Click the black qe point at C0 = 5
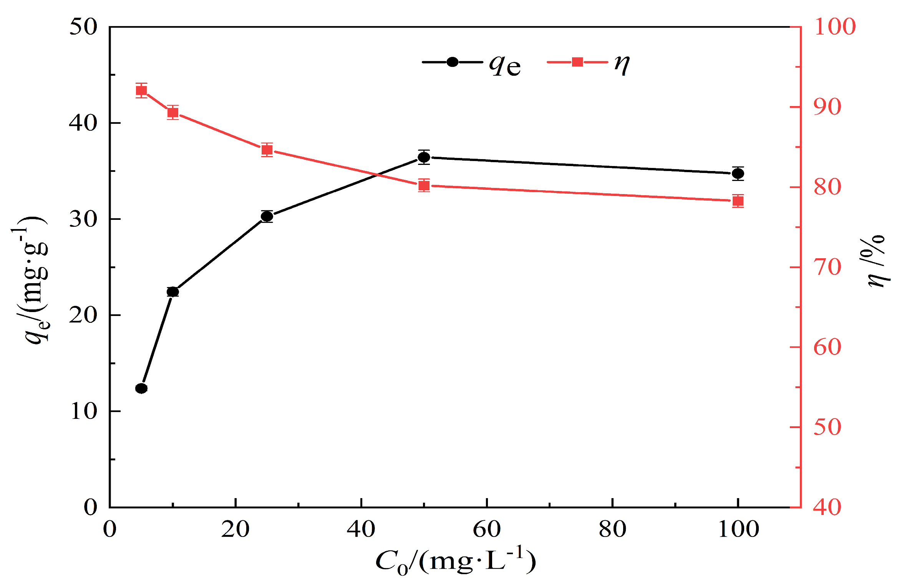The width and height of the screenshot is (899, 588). click(141, 389)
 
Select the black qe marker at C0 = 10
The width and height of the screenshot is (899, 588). click(173, 292)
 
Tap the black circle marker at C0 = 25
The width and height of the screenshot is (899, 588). click(267, 216)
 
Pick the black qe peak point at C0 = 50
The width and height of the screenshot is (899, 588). click(424, 157)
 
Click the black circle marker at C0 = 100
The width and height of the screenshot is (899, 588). click(738, 173)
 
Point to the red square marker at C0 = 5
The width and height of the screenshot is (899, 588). click(141, 91)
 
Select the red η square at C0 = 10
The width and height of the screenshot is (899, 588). click(173, 113)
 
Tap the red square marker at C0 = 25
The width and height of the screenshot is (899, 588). click(267, 149)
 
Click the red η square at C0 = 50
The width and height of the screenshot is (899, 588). click(424, 185)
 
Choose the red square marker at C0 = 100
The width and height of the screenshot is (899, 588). click(738, 201)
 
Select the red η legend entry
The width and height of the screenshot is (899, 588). click(588, 63)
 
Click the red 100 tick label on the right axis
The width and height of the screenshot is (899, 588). click(834, 27)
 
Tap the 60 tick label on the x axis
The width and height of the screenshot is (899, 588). click(486, 530)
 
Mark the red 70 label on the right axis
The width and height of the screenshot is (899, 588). click(827, 267)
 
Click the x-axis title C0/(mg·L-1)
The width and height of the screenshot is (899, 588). click(455, 562)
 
